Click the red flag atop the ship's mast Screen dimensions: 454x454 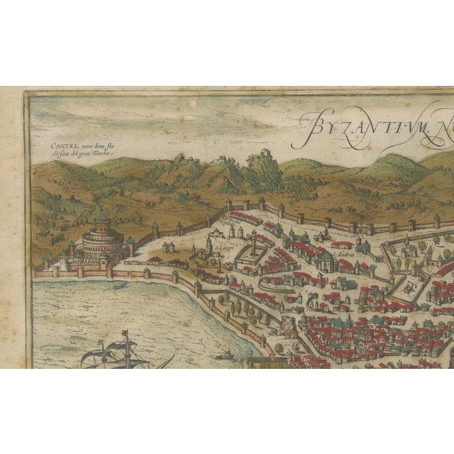pyautogui.click(x=122, y=334)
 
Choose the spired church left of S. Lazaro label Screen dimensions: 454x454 pyautogui.click(x=209, y=247)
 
